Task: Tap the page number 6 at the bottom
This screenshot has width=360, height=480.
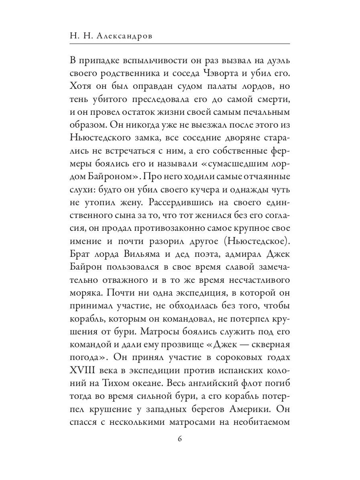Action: pos(180,439)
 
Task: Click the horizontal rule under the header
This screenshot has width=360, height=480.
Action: pos(180,43)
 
